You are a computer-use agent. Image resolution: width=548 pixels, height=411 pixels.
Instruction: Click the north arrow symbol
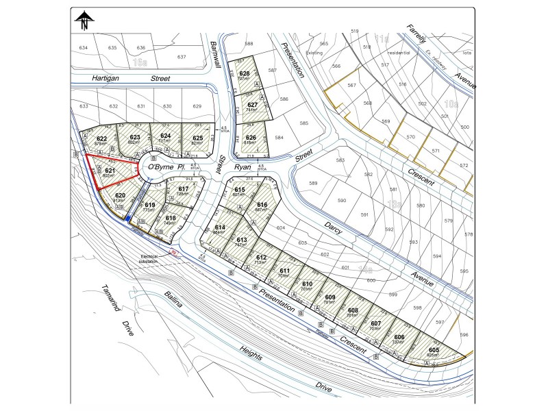[84, 21]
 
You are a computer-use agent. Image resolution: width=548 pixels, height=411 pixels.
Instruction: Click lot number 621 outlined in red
[109, 171]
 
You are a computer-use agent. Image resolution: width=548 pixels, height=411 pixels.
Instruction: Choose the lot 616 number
[262, 205]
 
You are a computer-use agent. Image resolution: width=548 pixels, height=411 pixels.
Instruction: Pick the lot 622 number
[101, 138]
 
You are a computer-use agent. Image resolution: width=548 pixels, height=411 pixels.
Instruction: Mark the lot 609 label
[328, 297]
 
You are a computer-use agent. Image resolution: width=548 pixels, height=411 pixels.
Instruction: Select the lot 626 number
[251, 138]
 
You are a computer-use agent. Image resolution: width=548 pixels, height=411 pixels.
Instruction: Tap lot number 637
[182, 57]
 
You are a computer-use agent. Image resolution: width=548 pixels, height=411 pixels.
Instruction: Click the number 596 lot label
[464, 335]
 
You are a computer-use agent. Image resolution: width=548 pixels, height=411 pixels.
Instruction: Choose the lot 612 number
[260, 257]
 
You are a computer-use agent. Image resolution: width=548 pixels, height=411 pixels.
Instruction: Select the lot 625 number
[197, 138]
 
